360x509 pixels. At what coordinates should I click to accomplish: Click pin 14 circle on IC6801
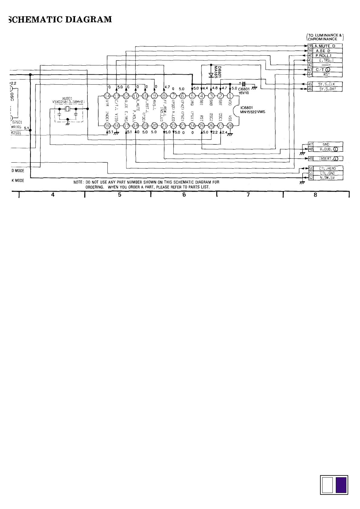point(107,96)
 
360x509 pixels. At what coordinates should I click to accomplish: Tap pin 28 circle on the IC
point(230,126)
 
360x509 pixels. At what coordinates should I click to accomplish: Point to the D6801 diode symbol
point(211,75)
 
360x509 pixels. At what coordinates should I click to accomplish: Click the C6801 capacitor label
point(244,89)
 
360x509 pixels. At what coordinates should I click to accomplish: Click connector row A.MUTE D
point(325,46)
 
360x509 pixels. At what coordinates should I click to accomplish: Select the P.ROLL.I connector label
point(323,56)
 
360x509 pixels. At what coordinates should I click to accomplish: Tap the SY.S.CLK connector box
point(326,84)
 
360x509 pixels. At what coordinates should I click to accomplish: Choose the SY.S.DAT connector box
point(326,89)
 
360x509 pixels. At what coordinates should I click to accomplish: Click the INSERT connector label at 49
point(326,159)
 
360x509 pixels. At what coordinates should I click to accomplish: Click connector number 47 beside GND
point(310,144)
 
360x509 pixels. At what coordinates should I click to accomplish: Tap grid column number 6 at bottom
point(184,195)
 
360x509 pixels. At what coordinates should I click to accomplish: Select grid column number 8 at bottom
point(315,195)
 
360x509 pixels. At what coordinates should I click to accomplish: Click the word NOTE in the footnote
point(78,182)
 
